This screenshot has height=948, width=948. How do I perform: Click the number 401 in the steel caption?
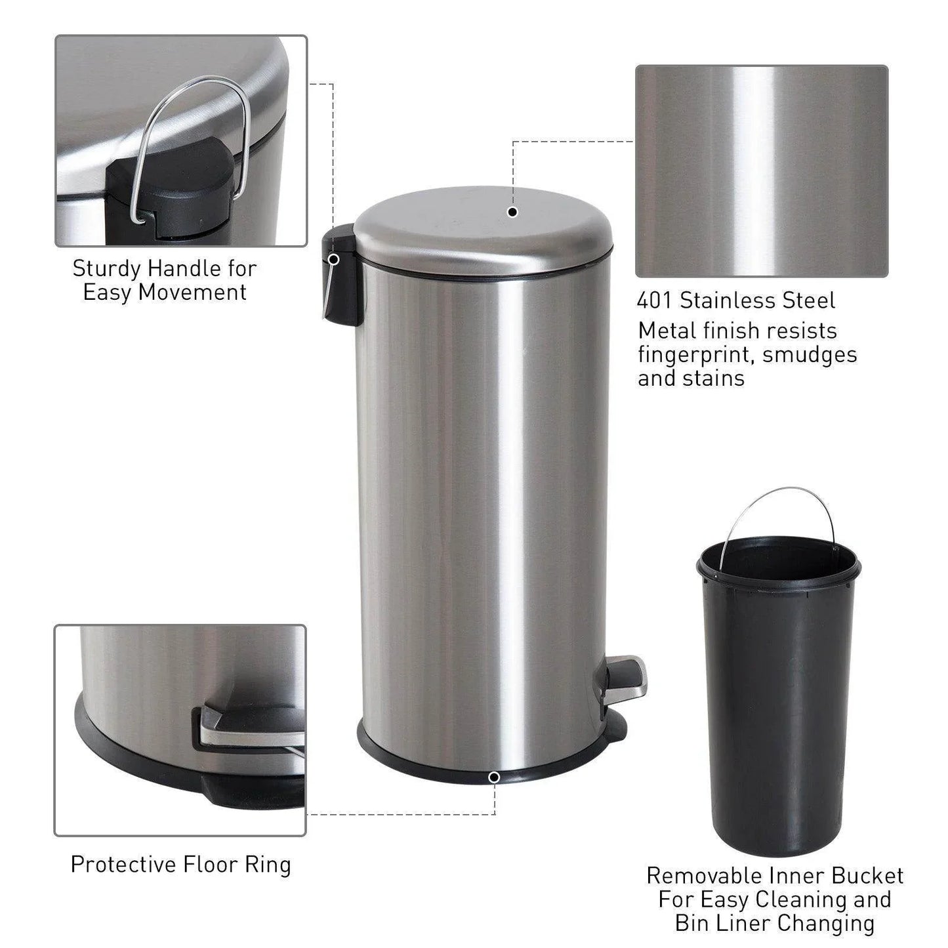click(x=655, y=300)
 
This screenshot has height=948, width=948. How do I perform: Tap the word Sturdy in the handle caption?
click(x=107, y=268)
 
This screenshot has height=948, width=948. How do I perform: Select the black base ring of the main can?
click(x=485, y=761)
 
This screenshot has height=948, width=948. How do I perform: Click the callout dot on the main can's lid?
click(x=513, y=212)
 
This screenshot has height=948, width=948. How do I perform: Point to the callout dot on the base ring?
click(x=494, y=777)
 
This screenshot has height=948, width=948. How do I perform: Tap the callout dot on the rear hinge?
click(x=333, y=259)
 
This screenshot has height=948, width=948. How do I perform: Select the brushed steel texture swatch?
click(x=761, y=171)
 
